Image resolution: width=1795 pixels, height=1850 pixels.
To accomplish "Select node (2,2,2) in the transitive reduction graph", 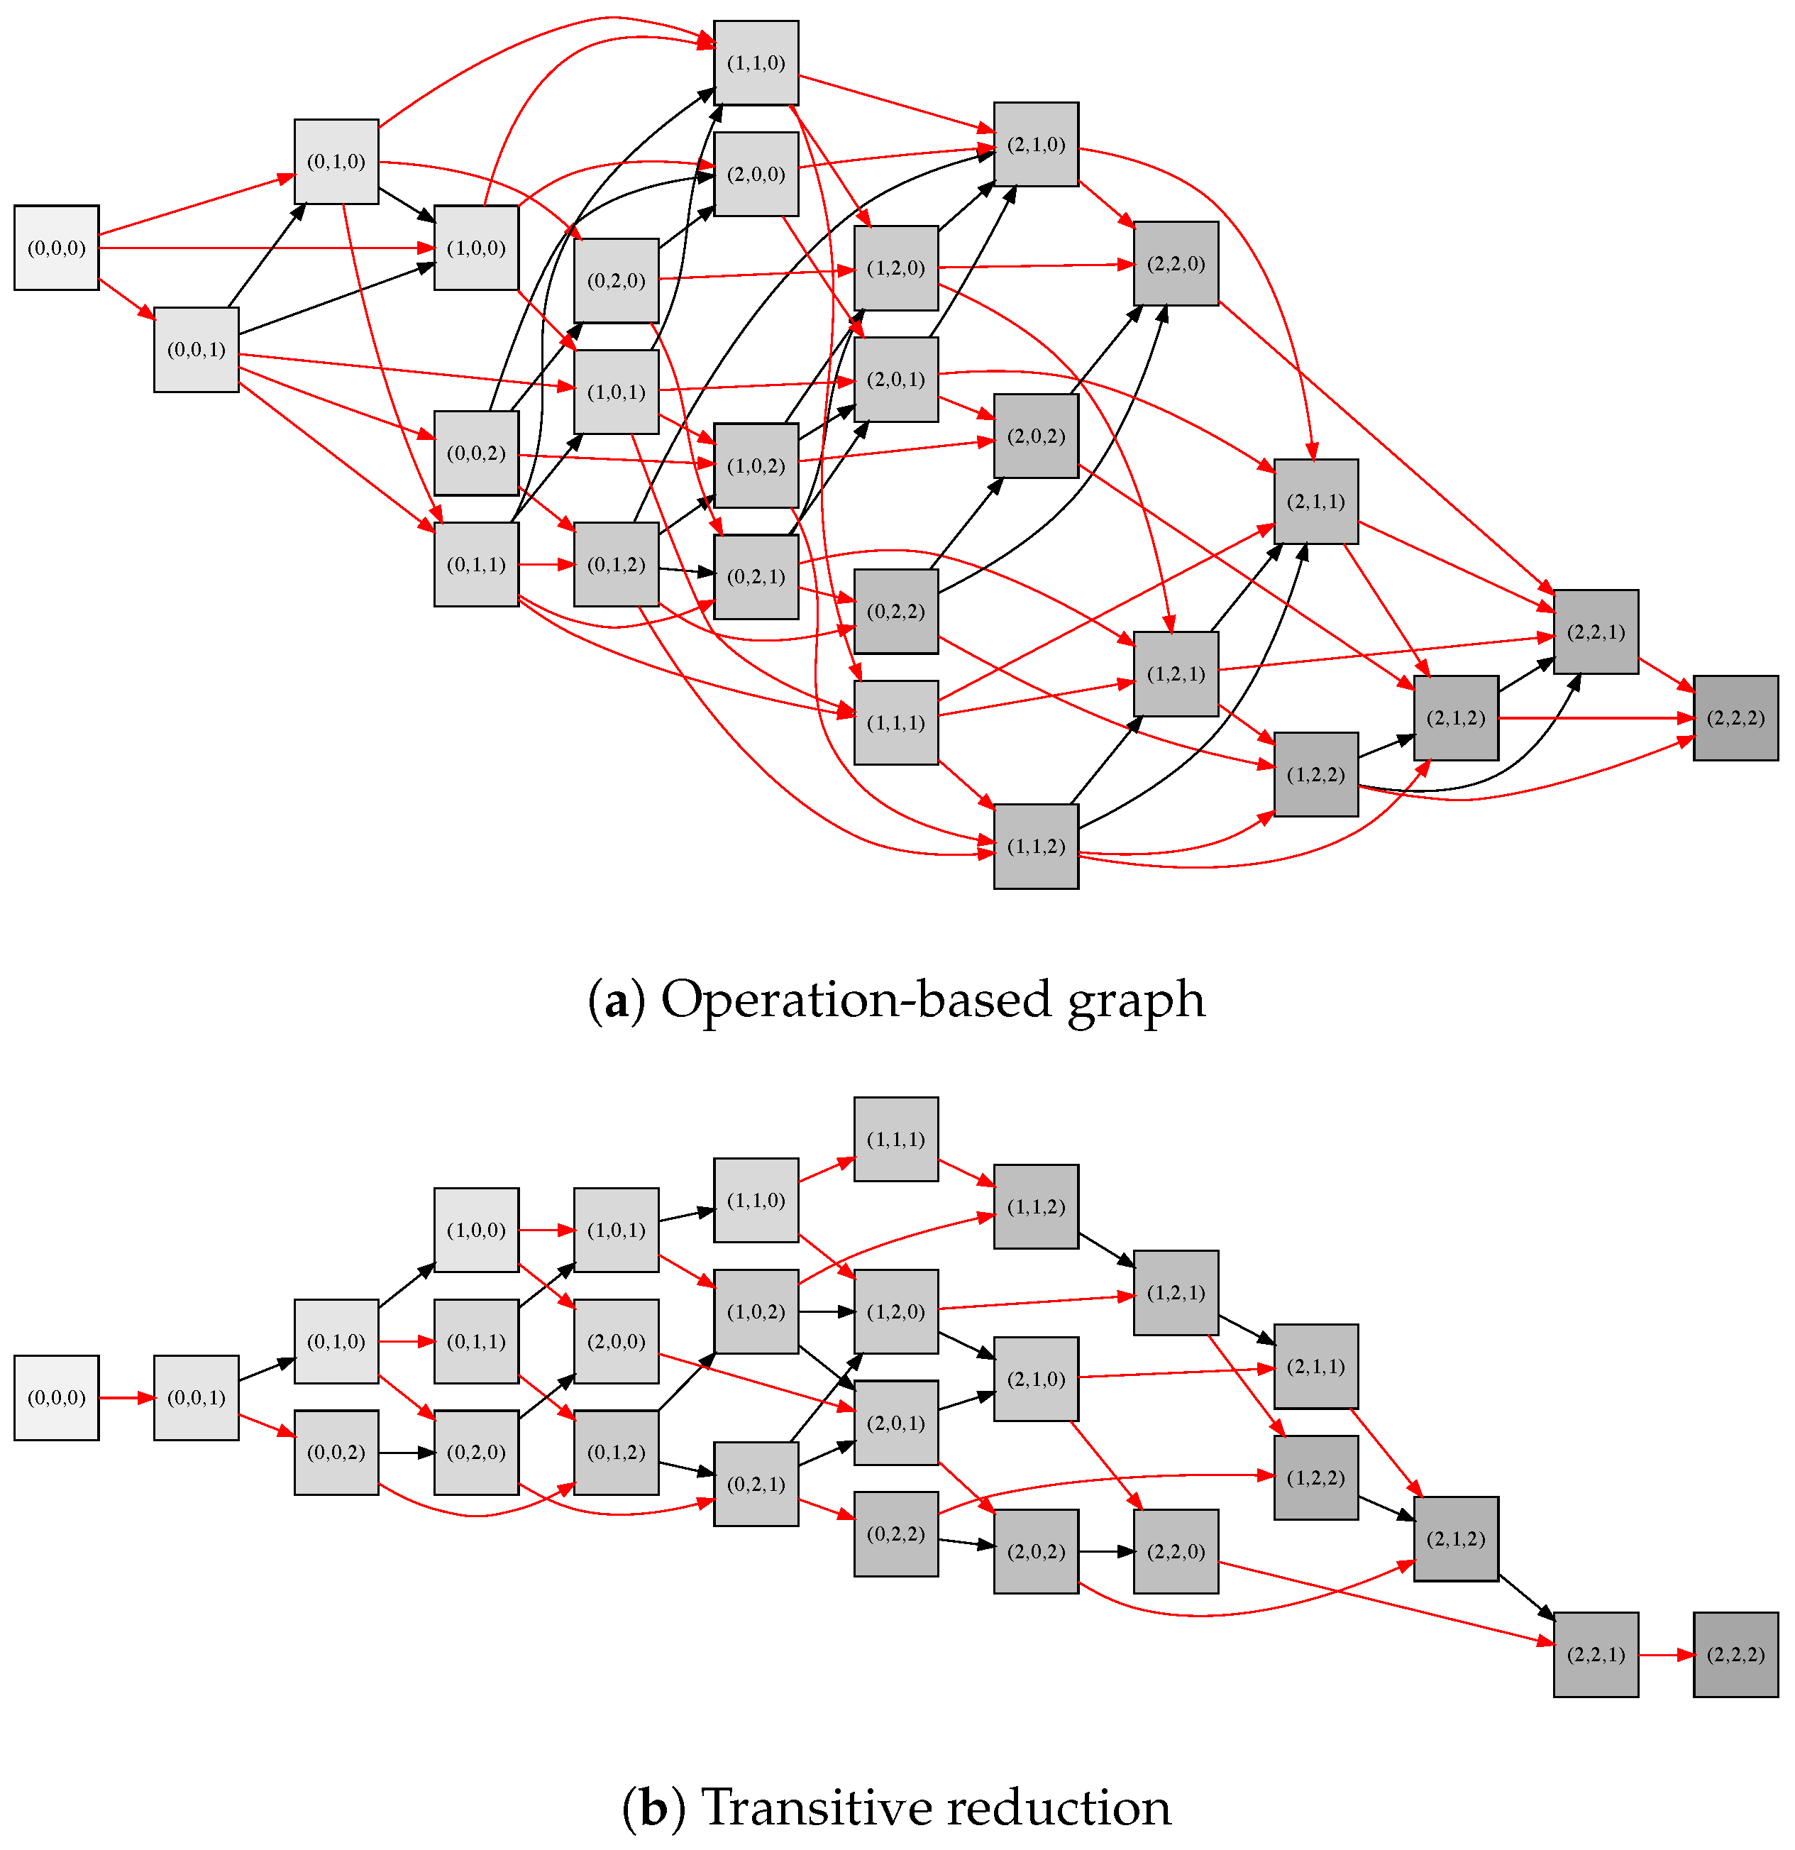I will tap(1735, 1653).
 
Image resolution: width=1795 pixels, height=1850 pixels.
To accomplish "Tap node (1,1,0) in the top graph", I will tap(756, 63).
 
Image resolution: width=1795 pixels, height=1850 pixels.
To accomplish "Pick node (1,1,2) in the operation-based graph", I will tap(1035, 846).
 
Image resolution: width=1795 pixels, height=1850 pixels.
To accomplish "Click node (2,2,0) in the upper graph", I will tap(1175, 263).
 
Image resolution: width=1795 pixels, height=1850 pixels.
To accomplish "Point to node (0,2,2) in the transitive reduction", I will tap(895, 1533).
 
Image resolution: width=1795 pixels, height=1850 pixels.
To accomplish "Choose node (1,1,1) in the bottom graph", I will tap(895, 1138).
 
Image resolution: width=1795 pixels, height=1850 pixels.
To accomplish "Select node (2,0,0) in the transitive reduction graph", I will tap(615, 1341).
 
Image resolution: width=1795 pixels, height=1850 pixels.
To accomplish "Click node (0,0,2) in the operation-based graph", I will tap(475, 453).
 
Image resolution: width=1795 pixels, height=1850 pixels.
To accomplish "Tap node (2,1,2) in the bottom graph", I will tap(1455, 1538).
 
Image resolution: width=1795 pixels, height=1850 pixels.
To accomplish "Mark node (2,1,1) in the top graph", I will tap(1315, 501).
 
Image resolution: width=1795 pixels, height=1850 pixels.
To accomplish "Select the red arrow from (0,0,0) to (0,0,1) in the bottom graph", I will tap(126, 1398).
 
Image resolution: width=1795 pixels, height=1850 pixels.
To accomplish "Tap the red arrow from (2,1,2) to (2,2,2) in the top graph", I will tap(1595, 718).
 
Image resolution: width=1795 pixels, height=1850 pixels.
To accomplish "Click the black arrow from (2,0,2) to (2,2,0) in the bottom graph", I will tap(1105, 1551).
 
